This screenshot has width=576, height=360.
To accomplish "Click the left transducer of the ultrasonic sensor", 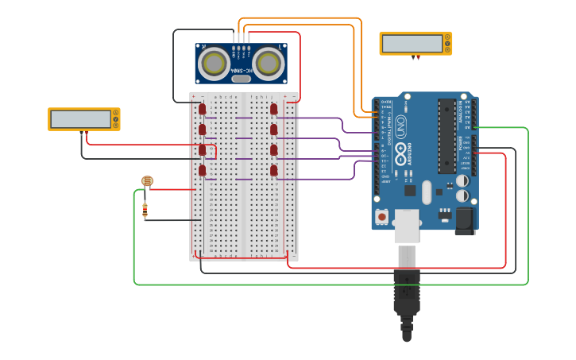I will click(215, 62).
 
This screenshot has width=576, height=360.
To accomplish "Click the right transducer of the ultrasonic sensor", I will click(269, 62).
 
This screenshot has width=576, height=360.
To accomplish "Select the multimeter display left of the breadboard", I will click(81, 119).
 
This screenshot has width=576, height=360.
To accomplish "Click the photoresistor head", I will click(147, 181).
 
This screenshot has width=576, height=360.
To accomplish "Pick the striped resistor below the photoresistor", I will click(145, 211).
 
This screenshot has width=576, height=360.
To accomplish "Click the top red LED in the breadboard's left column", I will click(203, 108).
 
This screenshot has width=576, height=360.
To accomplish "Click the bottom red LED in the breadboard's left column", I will click(203, 169).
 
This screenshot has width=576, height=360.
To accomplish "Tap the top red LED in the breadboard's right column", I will click(274, 108).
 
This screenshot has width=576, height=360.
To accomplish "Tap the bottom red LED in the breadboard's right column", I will click(274, 169).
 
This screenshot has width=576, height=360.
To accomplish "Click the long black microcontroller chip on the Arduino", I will click(446, 135).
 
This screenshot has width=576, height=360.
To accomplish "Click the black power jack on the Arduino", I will click(465, 220).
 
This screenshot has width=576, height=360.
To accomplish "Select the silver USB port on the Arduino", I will click(407, 225).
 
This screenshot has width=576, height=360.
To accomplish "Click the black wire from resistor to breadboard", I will click(171, 220).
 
